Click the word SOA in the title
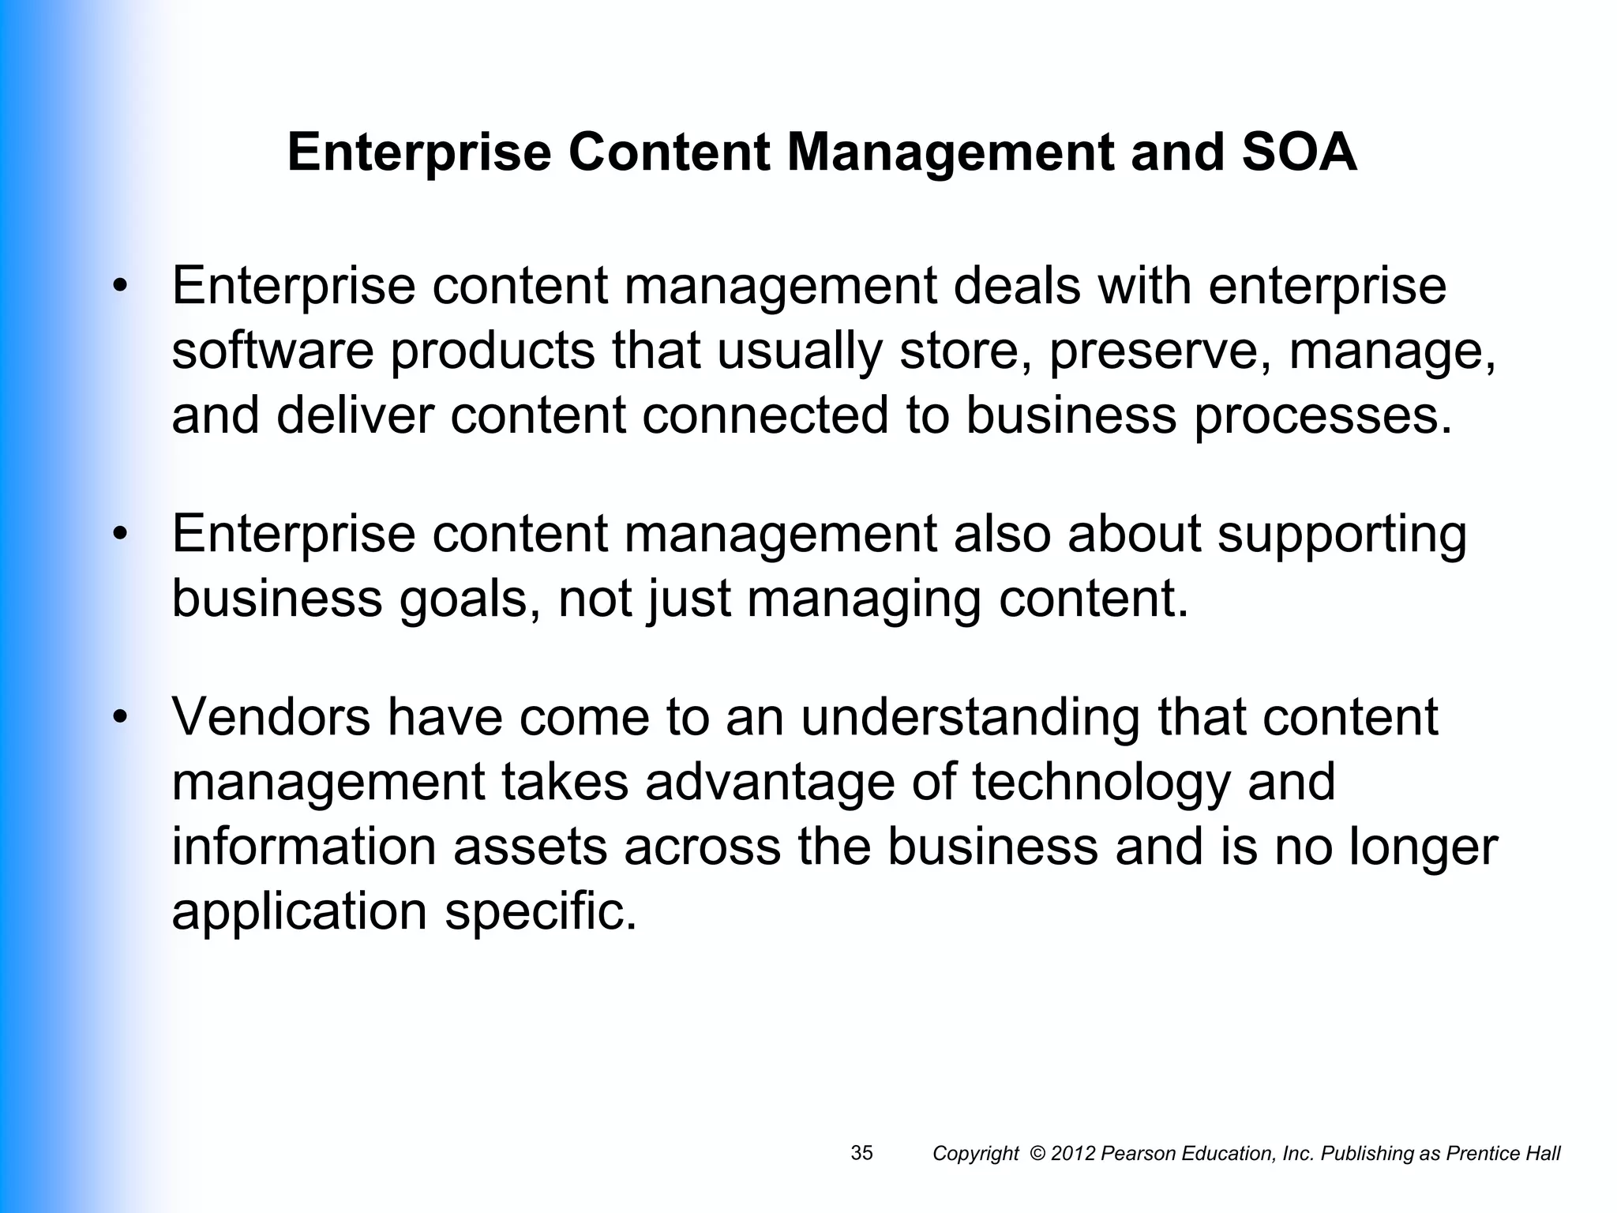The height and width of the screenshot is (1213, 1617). coord(1299,152)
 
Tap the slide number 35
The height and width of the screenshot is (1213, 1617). coord(861,1153)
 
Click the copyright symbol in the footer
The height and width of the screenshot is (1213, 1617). coord(1037,1154)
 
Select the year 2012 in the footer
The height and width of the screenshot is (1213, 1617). coord(1073,1154)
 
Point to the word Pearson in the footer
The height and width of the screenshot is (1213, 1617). coord(1135,1154)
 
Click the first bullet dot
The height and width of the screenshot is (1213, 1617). coord(119,287)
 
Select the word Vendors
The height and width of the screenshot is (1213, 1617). coord(271,717)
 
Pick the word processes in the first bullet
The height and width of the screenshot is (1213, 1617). coord(1322,417)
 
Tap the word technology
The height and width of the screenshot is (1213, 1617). coord(1101,782)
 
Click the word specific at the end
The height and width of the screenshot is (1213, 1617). coord(540,911)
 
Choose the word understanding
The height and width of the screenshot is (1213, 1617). coord(970,717)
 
